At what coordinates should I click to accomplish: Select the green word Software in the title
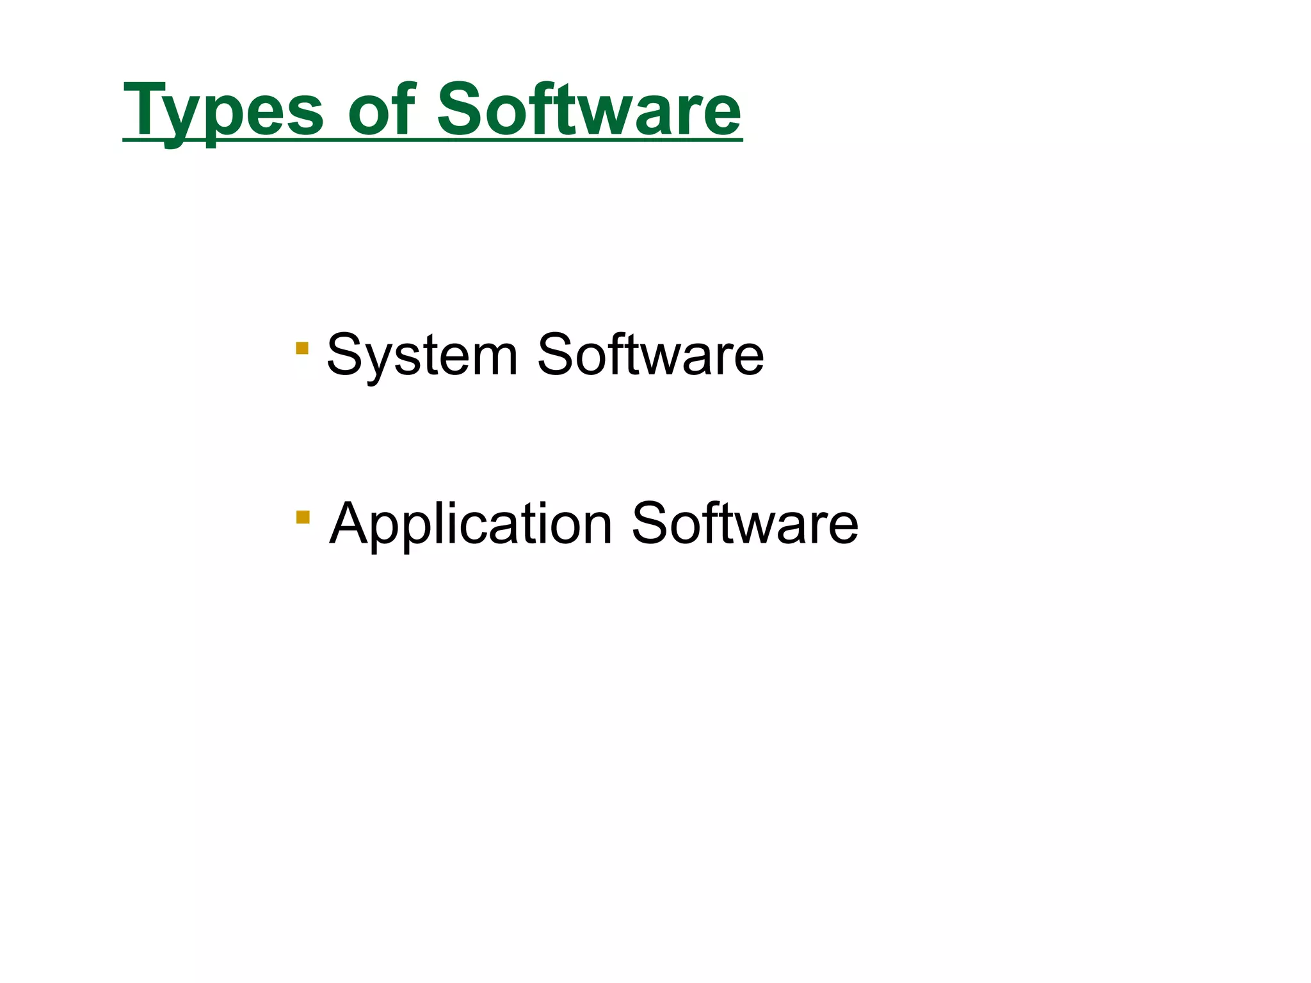pyautogui.click(x=589, y=110)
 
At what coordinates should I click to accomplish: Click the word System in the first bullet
pyautogui.click(x=422, y=355)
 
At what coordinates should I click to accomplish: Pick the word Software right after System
pyautogui.click(x=650, y=355)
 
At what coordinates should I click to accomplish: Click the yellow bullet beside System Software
pyautogui.click(x=302, y=348)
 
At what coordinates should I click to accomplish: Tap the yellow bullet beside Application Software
pyautogui.click(x=303, y=516)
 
